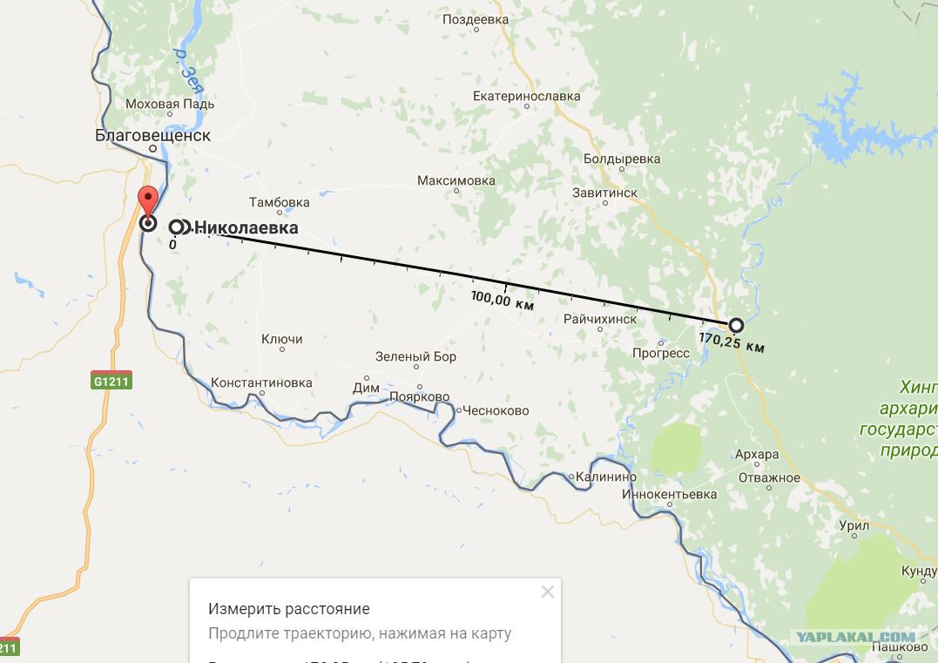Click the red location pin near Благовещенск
click(x=148, y=200)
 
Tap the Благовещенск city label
click(x=152, y=136)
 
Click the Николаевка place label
click(x=246, y=228)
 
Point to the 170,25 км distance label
click(x=732, y=342)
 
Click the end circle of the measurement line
click(x=736, y=325)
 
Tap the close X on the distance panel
click(x=547, y=592)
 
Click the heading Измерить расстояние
click(x=289, y=609)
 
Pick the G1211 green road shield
click(x=111, y=382)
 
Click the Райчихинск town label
click(x=599, y=320)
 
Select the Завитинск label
click(x=604, y=193)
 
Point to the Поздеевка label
click(x=475, y=19)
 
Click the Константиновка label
click(x=261, y=382)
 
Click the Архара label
click(x=757, y=455)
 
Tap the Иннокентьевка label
click(x=670, y=495)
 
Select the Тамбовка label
click(x=279, y=203)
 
